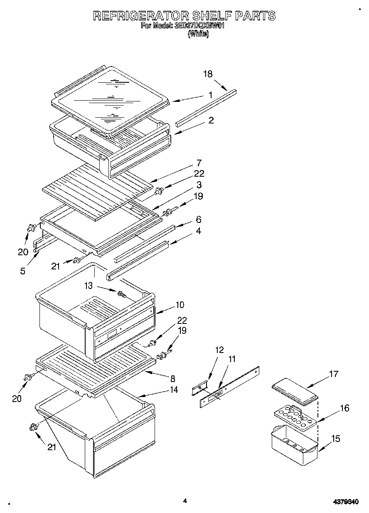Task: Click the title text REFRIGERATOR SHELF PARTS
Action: (x=184, y=16)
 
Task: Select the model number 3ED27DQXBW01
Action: (x=201, y=26)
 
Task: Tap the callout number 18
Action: (x=208, y=74)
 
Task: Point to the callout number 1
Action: (x=211, y=95)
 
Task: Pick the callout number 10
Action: (x=180, y=305)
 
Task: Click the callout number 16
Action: (x=344, y=408)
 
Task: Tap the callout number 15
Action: (x=335, y=438)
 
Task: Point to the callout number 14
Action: (x=174, y=390)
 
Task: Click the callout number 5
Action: (x=22, y=271)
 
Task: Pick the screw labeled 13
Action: (x=122, y=294)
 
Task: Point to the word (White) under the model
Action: (x=198, y=35)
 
